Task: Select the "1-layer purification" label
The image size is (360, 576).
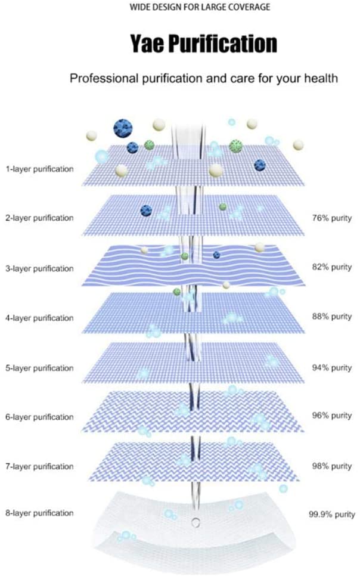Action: [x=40, y=169]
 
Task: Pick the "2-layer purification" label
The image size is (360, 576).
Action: [x=40, y=218]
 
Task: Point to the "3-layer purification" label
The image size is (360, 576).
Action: [x=40, y=268]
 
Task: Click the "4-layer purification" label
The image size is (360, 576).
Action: [x=40, y=318]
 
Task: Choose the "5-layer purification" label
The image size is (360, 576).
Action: [x=40, y=367]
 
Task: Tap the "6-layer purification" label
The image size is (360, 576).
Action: [x=40, y=417]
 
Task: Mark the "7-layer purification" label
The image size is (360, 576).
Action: [x=40, y=466]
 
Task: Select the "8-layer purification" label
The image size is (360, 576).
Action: [x=40, y=513]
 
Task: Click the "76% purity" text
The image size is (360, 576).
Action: [x=332, y=218]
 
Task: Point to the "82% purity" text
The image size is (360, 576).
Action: [x=332, y=268]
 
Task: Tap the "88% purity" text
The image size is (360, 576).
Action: [x=332, y=317]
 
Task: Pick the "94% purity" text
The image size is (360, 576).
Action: [x=332, y=368]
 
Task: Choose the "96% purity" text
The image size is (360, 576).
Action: [x=332, y=416]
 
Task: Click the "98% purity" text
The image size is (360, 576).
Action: [x=332, y=466]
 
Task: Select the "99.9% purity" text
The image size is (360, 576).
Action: [x=332, y=514]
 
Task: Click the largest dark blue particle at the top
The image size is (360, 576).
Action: [x=123, y=127]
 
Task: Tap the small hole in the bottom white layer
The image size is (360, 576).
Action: [x=196, y=523]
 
